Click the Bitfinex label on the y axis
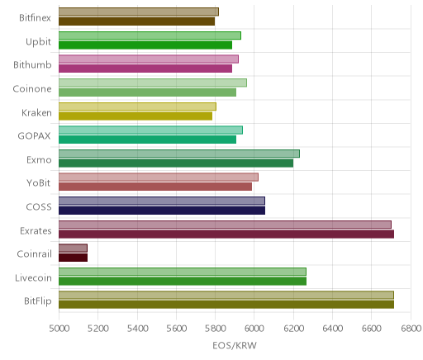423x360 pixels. tap(35, 18)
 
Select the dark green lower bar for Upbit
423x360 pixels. tap(145, 45)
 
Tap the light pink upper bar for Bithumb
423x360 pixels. tap(149, 59)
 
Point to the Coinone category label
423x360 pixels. tap(32, 89)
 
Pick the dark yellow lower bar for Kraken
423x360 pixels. tap(135, 116)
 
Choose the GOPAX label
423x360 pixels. tap(34, 136)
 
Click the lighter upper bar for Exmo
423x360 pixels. tap(179, 154)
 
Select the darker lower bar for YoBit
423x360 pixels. tap(155, 187)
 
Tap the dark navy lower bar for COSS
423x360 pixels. tap(162, 211)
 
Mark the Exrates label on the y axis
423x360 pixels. tap(36, 230)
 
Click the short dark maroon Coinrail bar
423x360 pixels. tap(73, 258)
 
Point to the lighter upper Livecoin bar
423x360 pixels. tap(183, 272)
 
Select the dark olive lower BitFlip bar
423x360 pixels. tap(226, 305)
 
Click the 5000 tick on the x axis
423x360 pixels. tap(59, 329)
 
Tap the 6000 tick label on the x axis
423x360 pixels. tap(254, 329)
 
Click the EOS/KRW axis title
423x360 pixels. tap(235, 345)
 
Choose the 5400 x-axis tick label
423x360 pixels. tap(137, 329)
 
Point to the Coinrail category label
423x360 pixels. tap(34, 253)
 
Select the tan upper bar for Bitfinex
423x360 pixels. tap(139, 12)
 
